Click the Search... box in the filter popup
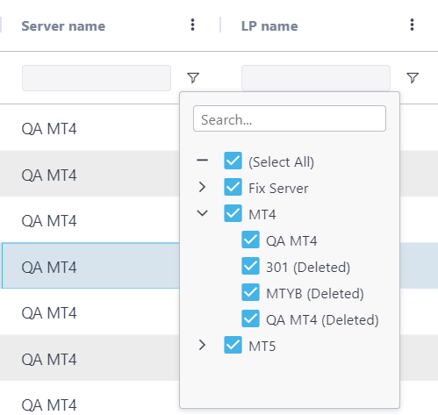[x=290, y=118]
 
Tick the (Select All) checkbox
[x=233, y=161]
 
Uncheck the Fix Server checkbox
[x=233, y=187]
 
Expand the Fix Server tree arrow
[x=202, y=187]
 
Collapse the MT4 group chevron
[x=202, y=213]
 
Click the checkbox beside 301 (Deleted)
[x=250, y=266]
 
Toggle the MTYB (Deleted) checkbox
[x=250, y=292]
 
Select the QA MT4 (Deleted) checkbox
[x=250, y=318]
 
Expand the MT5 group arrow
[x=202, y=345]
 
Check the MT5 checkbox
[x=233, y=345]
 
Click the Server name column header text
[x=63, y=26]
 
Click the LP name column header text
[x=269, y=26]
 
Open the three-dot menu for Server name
[x=192, y=25]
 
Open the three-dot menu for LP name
[x=412, y=25]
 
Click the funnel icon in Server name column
[x=193, y=78]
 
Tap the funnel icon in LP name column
[x=413, y=78]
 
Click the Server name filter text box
[x=97, y=78]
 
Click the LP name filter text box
[x=316, y=78]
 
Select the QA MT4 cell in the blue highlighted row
[x=49, y=268]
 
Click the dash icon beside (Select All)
[x=202, y=160]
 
